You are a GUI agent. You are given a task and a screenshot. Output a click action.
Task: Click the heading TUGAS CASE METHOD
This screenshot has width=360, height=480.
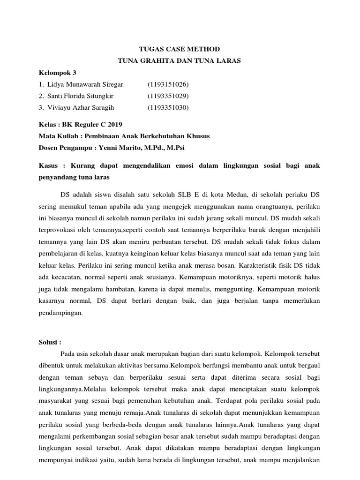[x=180, y=49]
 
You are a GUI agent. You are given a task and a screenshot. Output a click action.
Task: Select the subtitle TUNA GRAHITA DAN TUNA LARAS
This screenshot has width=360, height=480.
[x=180, y=60]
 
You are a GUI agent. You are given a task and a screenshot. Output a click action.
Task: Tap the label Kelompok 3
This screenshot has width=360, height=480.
[x=57, y=73]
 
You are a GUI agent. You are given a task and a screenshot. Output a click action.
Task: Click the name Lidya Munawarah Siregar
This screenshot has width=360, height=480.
[x=85, y=84]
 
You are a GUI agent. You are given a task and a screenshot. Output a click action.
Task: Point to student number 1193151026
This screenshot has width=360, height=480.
[x=168, y=84]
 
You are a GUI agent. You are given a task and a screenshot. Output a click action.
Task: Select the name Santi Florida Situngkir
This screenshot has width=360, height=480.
[x=80, y=96]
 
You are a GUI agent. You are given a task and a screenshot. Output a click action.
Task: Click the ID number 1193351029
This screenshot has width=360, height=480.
[x=168, y=96]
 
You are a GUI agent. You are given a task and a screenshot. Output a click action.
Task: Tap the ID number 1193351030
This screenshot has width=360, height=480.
[x=168, y=108]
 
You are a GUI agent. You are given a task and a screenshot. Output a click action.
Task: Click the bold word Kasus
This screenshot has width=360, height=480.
[x=48, y=166]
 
